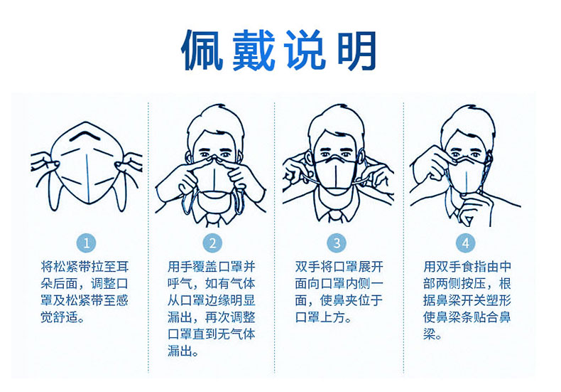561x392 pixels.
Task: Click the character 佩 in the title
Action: point(202,51)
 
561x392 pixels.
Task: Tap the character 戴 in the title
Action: point(254,51)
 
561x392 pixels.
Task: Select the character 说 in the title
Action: point(305,51)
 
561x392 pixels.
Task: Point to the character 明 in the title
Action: point(356,51)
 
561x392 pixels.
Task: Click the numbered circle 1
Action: point(86,243)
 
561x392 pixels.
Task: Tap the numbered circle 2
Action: point(212,243)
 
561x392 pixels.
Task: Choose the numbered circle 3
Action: point(337,243)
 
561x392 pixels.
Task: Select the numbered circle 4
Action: point(465,243)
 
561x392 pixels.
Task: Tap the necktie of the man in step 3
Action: point(336,216)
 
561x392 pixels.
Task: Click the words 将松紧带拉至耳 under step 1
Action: point(85,267)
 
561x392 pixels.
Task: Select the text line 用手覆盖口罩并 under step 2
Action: point(212,267)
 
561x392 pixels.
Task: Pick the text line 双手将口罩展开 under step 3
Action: point(339,267)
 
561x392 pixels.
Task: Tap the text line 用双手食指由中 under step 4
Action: point(467,267)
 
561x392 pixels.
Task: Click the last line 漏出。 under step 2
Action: point(183,351)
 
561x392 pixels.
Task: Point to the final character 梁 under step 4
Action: point(430,334)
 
